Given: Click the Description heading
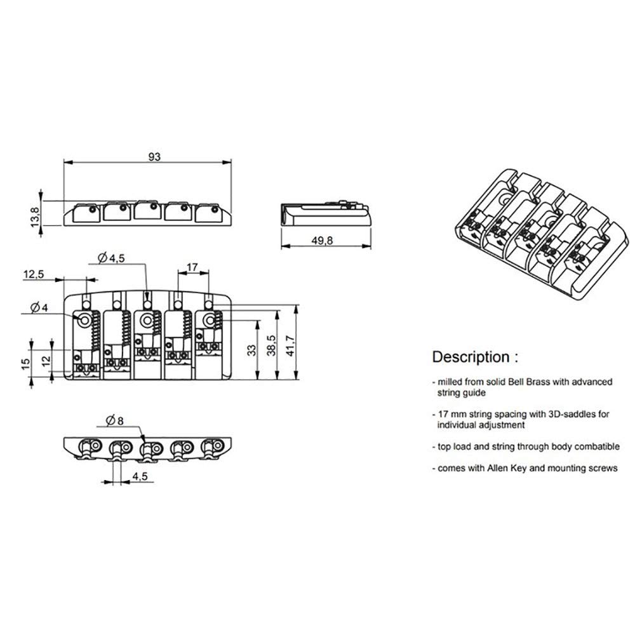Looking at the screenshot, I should (471, 356).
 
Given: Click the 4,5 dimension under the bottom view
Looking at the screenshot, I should (142, 475).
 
